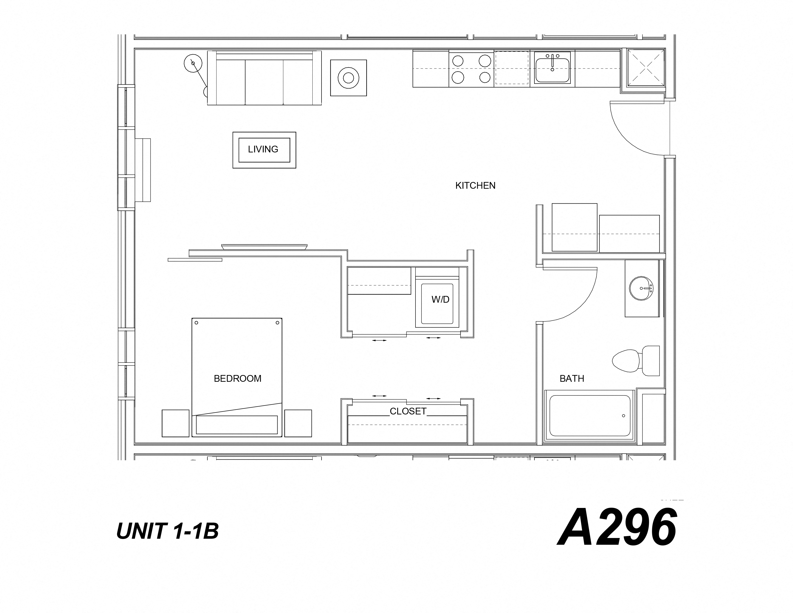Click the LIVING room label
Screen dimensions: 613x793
point(263,149)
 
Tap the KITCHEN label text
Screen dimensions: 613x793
point(475,186)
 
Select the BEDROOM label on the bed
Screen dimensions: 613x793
point(237,378)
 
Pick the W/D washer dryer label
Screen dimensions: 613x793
point(440,299)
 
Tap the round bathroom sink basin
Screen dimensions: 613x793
point(641,288)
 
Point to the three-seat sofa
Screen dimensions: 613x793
point(264,78)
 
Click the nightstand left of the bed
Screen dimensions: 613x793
point(175,423)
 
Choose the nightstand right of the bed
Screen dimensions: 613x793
point(298,423)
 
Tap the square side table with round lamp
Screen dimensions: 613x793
point(348,78)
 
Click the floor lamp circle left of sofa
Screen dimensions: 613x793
point(193,63)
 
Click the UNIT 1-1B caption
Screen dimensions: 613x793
point(167,531)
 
